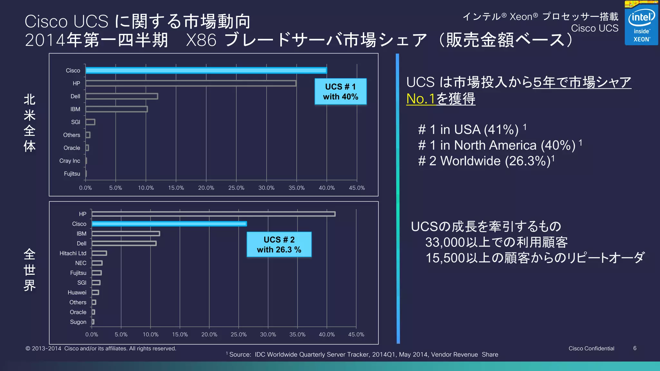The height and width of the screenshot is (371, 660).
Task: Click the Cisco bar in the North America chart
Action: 206,70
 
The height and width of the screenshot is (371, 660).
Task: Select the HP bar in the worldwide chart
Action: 213,214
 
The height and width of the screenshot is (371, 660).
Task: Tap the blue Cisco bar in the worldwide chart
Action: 169,224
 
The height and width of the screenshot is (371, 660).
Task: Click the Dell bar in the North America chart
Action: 122,96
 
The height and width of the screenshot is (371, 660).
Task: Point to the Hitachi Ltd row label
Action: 73,253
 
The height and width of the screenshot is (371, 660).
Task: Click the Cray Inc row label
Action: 70,161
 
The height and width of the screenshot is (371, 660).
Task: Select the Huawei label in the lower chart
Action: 77,292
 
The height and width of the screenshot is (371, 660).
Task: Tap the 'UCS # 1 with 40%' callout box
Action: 341,91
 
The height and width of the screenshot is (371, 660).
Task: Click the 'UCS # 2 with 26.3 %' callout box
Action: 279,244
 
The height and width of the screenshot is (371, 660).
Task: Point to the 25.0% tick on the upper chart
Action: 236,188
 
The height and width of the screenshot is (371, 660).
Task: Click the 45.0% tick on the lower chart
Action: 356,335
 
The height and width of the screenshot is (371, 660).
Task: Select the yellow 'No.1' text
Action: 421,99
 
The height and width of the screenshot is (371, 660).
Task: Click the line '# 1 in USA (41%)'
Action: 469,130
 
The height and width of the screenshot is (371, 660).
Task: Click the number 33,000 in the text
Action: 445,243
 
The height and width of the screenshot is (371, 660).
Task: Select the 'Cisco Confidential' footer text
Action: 591,348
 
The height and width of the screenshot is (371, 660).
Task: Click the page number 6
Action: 635,348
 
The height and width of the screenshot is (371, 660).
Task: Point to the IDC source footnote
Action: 363,355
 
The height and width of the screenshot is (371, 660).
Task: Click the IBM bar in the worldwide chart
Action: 126,233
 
